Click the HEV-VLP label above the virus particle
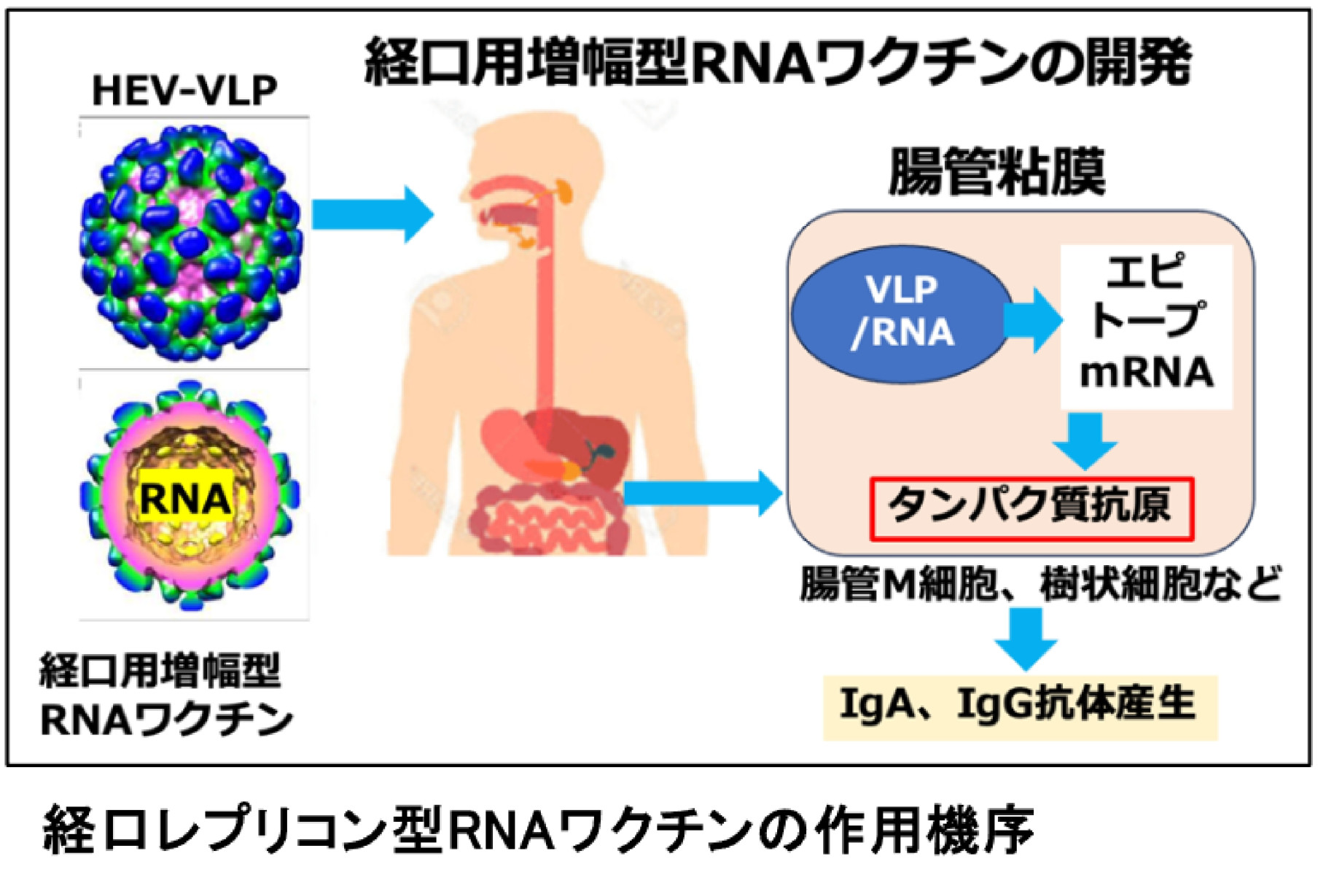point(184,91)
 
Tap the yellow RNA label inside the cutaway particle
point(185,499)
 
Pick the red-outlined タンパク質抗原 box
point(1031,508)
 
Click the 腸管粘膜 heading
point(997,173)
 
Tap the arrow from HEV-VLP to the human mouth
point(372,214)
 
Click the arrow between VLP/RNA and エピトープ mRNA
point(1032,319)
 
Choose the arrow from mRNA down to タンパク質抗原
point(1085,440)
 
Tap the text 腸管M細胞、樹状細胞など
point(1041,584)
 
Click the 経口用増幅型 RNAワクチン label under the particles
point(165,695)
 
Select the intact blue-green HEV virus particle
point(191,243)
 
